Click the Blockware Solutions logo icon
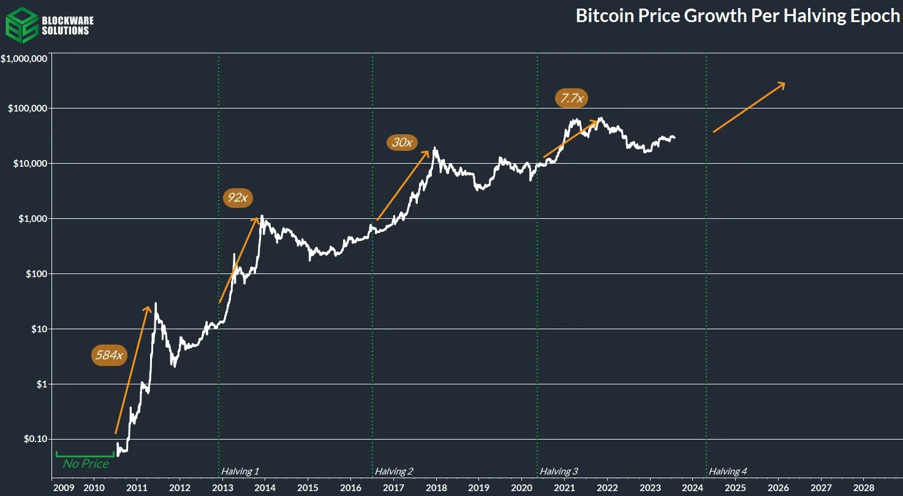pyautogui.click(x=20, y=25)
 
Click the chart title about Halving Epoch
pyautogui.click(x=738, y=17)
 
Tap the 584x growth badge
pyautogui.click(x=109, y=355)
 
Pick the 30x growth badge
pyautogui.click(x=401, y=143)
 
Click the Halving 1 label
pyautogui.click(x=240, y=471)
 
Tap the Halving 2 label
pyautogui.click(x=394, y=471)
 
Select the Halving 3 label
pyautogui.click(x=558, y=471)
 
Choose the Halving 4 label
pyautogui.click(x=728, y=471)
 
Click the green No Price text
pyautogui.click(x=86, y=464)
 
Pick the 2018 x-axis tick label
pyautogui.click(x=436, y=487)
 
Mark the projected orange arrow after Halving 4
pyautogui.click(x=749, y=107)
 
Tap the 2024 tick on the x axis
pyautogui.click(x=692, y=487)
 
